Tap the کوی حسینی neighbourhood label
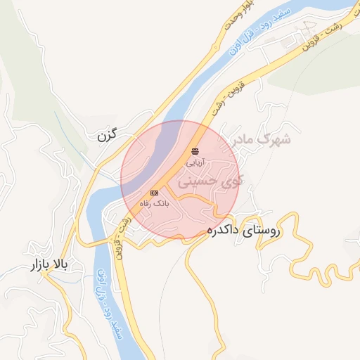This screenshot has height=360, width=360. tap(210, 181)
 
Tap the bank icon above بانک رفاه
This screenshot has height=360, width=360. tap(154, 193)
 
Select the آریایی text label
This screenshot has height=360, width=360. tap(194, 162)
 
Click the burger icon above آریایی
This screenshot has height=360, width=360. tap(195, 151)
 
